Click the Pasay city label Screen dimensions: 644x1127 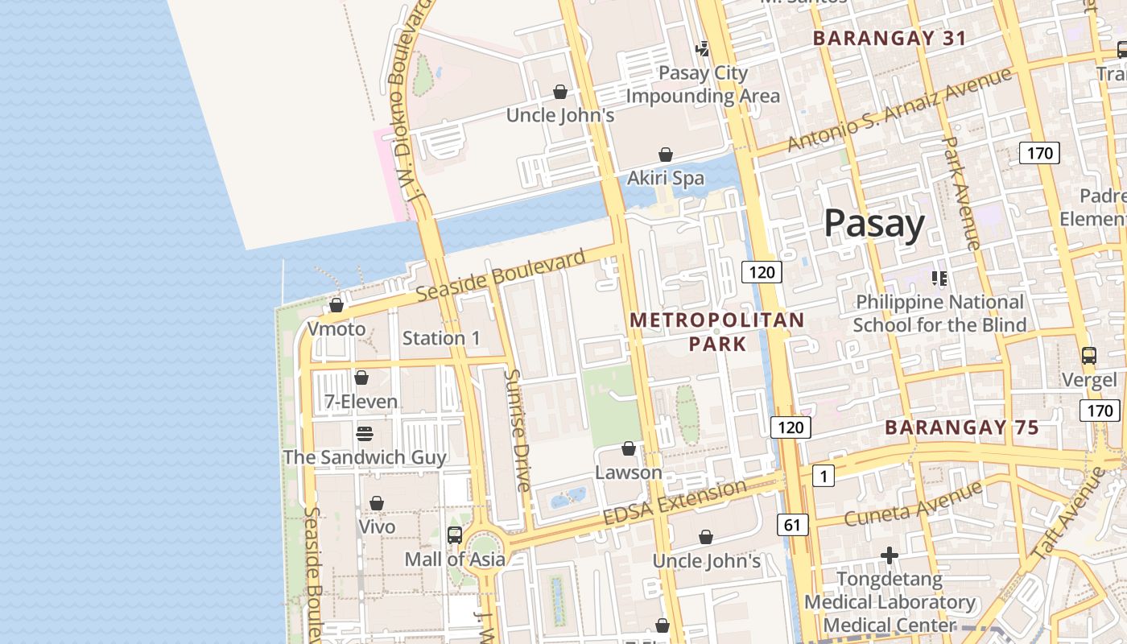(874, 223)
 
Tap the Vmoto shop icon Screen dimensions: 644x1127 (336, 306)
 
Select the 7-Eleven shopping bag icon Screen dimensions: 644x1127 (361, 378)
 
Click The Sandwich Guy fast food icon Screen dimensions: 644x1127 (365, 434)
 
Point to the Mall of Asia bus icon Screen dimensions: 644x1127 (455, 535)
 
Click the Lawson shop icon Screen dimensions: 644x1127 (629, 448)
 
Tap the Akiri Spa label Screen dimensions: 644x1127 (666, 178)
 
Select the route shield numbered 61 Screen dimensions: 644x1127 (793, 526)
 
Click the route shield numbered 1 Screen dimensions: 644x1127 (823, 477)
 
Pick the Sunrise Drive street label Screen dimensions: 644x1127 (518, 430)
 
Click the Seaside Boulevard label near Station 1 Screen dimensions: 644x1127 (501, 276)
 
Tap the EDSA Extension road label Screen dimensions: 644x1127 (675, 502)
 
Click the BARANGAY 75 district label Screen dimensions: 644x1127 (962, 427)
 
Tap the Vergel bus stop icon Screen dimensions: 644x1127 (1089, 356)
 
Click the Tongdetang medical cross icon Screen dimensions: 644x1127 (889, 555)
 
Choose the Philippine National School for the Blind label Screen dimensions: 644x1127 (939, 313)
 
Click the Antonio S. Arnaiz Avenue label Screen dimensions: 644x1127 (899, 110)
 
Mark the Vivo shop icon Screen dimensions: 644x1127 (377, 504)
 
